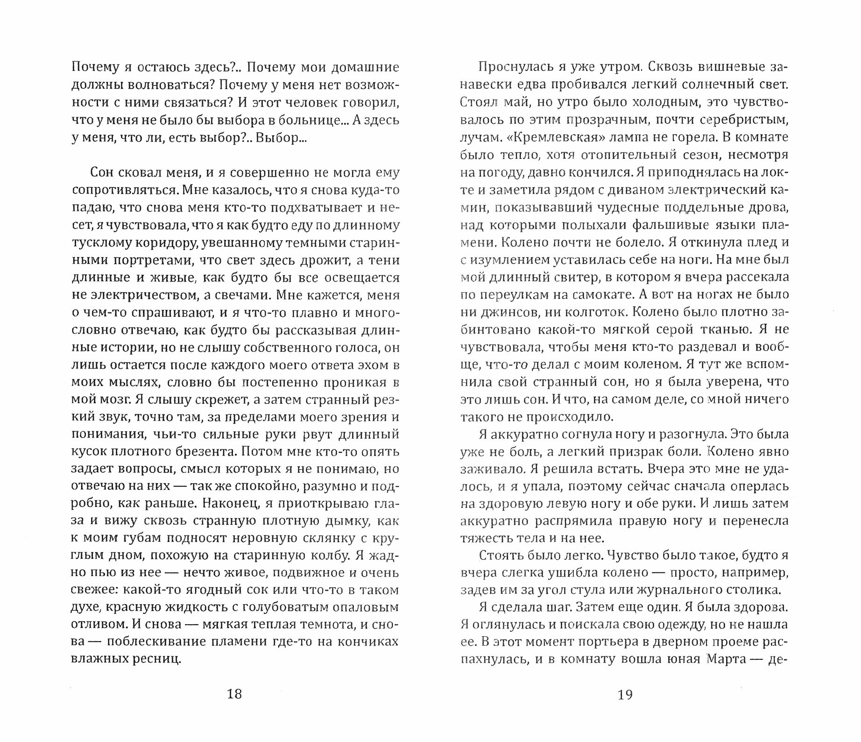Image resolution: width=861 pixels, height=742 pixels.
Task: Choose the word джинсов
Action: click(x=506, y=312)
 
